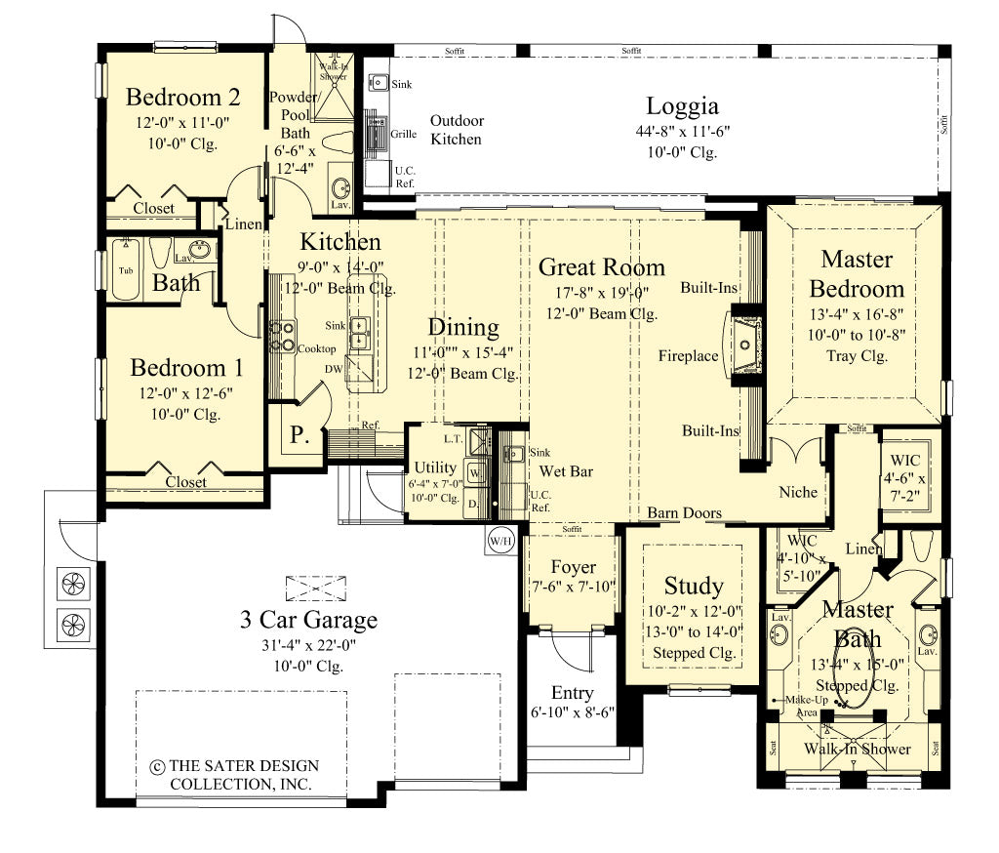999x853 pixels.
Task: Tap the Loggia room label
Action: (x=682, y=105)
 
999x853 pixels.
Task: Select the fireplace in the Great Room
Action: (x=747, y=343)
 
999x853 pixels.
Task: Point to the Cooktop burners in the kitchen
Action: (x=283, y=336)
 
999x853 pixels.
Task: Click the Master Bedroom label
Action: (x=856, y=274)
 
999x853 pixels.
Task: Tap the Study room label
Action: (x=694, y=586)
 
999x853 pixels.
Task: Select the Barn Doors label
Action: (x=685, y=513)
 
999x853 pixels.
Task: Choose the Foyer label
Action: (x=573, y=567)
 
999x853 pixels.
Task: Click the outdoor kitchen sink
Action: (x=379, y=83)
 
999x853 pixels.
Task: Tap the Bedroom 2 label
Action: (x=183, y=98)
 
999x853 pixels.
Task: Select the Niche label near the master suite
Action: (x=798, y=493)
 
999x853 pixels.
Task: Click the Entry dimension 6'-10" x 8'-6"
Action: (x=572, y=714)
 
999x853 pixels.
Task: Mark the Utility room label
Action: (x=435, y=467)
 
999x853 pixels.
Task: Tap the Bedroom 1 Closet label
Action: (x=185, y=482)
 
